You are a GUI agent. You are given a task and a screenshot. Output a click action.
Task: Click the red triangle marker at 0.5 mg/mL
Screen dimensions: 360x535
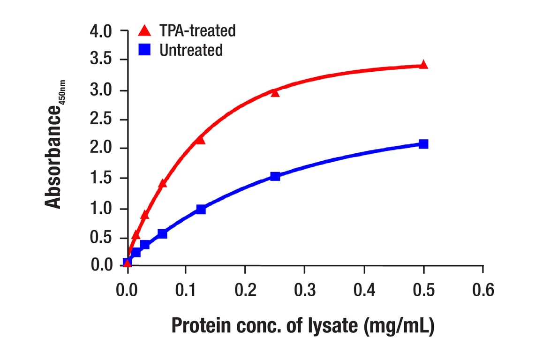point(423,65)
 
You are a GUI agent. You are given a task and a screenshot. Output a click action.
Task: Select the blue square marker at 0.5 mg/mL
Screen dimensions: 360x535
point(423,144)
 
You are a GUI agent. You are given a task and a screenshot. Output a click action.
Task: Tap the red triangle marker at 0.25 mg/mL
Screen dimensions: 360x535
point(275,93)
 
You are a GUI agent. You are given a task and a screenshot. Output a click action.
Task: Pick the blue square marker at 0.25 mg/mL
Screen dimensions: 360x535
point(275,176)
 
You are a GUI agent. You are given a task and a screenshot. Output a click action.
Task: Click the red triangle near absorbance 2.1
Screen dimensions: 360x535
point(200,140)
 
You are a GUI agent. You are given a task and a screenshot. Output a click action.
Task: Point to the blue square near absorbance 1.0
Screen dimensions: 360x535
point(201,209)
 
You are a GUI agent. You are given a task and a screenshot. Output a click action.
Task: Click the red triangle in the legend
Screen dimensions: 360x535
point(145,31)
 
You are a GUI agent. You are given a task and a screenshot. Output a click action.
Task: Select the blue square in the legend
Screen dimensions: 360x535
point(145,50)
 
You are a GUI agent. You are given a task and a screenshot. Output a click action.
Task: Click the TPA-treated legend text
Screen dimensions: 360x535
point(197,31)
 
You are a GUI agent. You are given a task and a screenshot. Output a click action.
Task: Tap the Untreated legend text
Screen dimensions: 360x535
point(191,50)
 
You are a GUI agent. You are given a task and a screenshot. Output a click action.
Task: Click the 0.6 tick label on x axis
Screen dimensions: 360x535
point(482,291)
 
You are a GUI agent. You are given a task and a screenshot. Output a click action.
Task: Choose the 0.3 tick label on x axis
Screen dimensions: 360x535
point(305,291)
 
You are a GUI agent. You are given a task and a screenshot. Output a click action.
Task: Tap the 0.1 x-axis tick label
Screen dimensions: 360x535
point(186,291)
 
